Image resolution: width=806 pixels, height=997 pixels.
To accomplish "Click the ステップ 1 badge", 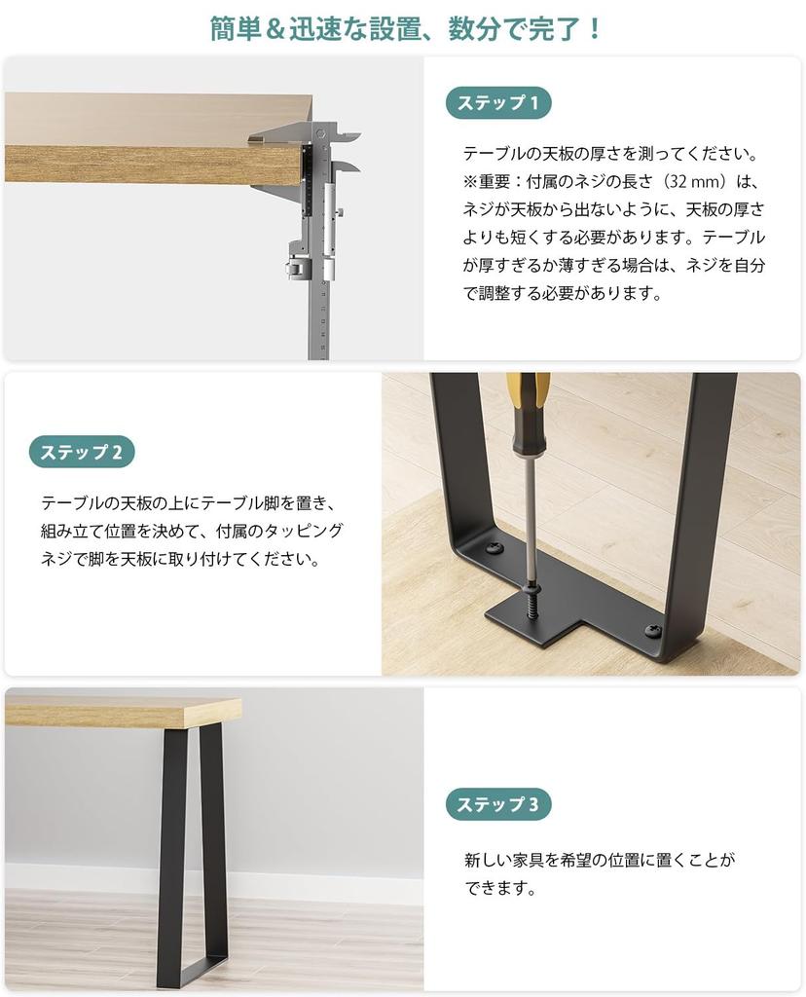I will coord(498,102).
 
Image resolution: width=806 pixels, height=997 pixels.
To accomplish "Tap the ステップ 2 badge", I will coord(82,452).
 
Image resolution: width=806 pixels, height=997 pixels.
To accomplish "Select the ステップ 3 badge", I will coord(498,804).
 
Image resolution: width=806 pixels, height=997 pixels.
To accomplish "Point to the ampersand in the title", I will coord(279,28).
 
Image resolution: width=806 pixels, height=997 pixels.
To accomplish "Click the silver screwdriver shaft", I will coord(530,506).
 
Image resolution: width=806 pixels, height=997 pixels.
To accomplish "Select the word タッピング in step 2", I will coord(308,531).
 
